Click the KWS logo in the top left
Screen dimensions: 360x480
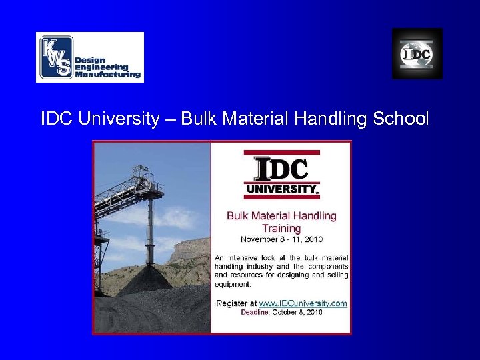[89, 57]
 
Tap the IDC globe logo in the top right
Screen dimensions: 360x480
[417, 54]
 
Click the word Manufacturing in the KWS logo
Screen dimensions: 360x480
[108, 75]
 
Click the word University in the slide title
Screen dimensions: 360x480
[119, 119]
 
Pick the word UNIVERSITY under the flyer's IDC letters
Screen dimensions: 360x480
[280, 189]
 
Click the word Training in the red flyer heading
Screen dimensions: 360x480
[281, 228]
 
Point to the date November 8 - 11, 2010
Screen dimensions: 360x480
[281, 239]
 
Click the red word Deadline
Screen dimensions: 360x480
[256, 312]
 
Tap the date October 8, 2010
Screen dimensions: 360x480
[298, 312]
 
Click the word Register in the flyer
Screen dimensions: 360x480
[231, 303]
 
